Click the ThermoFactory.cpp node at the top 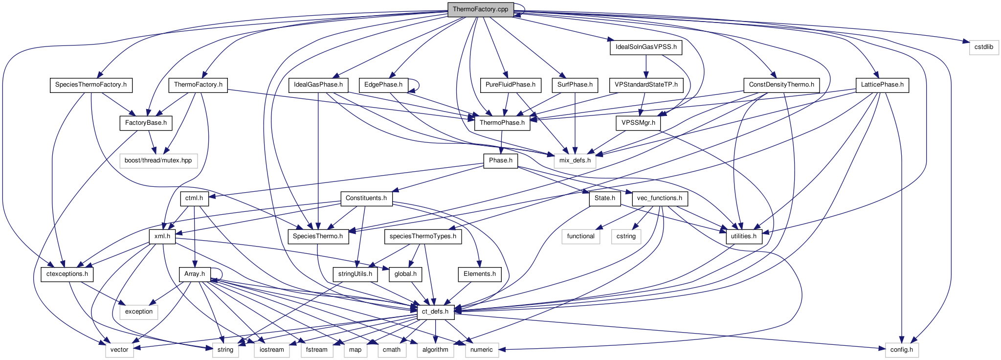coord(480,9)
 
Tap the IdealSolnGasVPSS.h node coord(645,47)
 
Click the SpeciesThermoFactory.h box coord(90,85)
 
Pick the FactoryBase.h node coord(146,123)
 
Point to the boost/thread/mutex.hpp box coord(158,160)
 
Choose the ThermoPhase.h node coord(502,123)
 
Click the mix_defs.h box coord(575,160)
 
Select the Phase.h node coord(500,160)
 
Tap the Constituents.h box coord(366,198)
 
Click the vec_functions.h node coord(660,198)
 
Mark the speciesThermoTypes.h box coord(423,236)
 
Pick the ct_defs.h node coord(435,312)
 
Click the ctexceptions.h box coord(67,274)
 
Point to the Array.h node coord(194,274)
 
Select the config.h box coord(901,350)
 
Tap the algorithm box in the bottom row coord(435,350)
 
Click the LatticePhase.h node coord(882,85)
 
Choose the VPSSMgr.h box coord(638,123)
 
